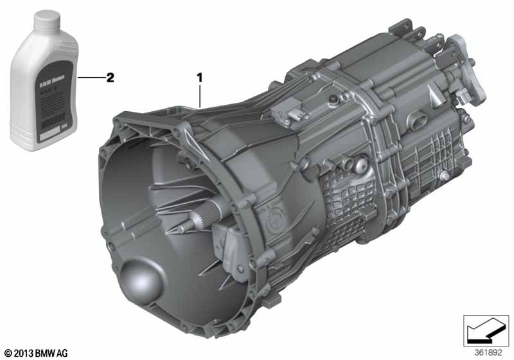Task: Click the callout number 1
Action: [x=200, y=77]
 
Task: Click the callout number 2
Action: [x=110, y=77]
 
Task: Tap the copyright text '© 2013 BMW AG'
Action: [x=35, y=352]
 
